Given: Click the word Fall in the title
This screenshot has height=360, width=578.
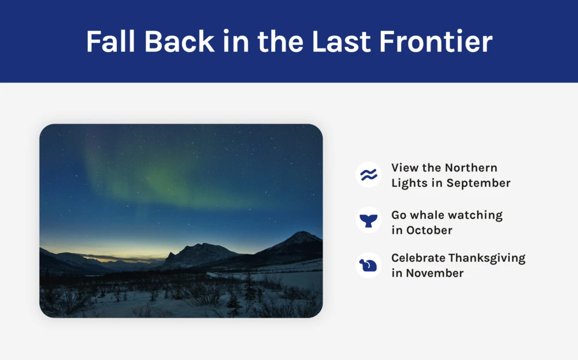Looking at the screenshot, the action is point(110,41).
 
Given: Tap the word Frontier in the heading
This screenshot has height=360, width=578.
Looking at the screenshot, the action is point(436,41).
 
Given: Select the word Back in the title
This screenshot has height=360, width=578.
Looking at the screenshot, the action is point(180,41).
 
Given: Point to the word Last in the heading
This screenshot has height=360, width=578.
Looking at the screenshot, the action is point(342,41).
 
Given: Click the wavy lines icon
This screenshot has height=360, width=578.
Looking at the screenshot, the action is point(369,175).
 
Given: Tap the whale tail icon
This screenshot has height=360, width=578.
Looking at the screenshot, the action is point(369,221).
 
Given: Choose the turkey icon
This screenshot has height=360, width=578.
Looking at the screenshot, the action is point(368,265).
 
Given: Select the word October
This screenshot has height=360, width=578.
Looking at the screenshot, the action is point(429,231).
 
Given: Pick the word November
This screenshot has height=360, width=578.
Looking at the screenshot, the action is point(435,273).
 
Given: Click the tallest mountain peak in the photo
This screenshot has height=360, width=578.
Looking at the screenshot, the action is point(302,233).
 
